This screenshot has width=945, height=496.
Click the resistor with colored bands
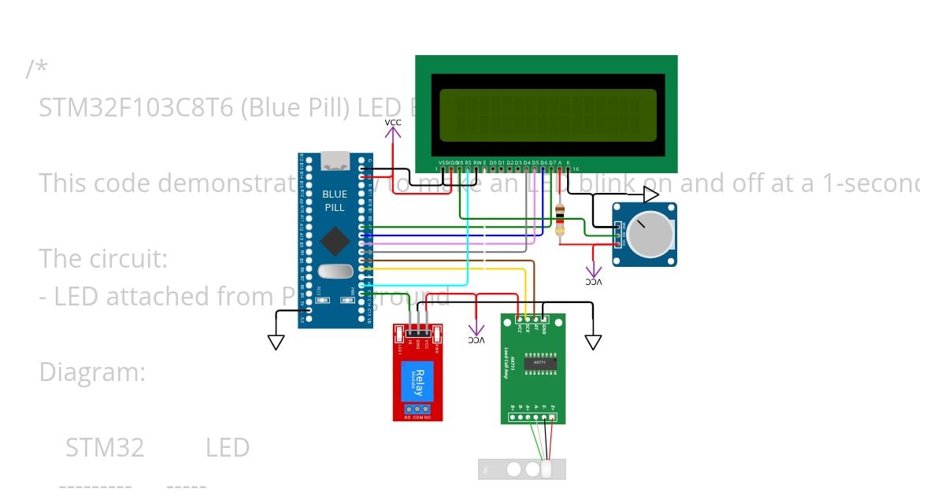point(560,220)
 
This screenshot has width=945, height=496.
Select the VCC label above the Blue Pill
point(392,123)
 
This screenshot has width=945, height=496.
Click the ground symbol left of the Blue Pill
point(276,342)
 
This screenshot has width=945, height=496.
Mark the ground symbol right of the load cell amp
point(593,342)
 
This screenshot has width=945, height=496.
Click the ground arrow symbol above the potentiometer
point(650,194)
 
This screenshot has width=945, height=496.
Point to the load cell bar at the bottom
point(521,469)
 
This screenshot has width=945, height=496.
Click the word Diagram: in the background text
point(92,372)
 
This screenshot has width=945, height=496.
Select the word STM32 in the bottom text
point(105,447)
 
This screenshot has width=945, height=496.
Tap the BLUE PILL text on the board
point(335,201)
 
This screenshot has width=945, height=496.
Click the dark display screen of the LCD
point(547,114)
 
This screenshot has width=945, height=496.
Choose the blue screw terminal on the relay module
point(417,409)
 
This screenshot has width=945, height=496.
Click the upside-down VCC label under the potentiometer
point(594,281)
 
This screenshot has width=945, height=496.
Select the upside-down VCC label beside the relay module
point(476,339)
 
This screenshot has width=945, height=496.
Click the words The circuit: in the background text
point(103,258)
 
